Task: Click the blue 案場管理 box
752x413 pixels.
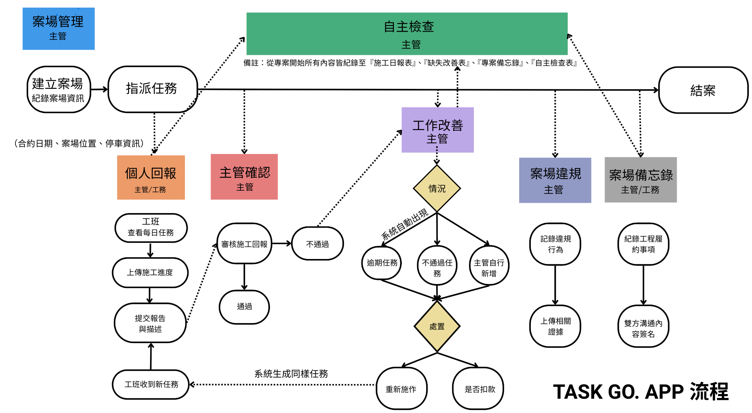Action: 58,29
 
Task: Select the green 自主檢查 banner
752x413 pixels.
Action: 407,34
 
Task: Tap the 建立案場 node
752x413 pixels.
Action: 58,90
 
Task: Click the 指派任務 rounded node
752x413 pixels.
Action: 152,89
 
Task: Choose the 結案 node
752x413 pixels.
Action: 703,90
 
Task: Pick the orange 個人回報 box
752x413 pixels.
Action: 151,178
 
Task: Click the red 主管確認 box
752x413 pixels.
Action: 244,177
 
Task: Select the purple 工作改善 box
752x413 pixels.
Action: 437,130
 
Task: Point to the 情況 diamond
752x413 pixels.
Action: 437,189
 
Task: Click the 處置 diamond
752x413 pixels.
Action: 437,327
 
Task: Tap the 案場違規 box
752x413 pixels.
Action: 555,180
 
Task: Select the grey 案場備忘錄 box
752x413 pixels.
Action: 640,180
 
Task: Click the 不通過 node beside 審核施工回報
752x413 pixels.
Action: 317,244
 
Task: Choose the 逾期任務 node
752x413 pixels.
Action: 382,263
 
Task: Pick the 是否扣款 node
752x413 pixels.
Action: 479,389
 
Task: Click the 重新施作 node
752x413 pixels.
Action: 401,389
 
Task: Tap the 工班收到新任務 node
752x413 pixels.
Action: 151,384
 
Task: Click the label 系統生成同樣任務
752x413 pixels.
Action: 291,374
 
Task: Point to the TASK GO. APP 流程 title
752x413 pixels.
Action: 640,392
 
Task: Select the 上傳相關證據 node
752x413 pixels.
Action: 555,326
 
